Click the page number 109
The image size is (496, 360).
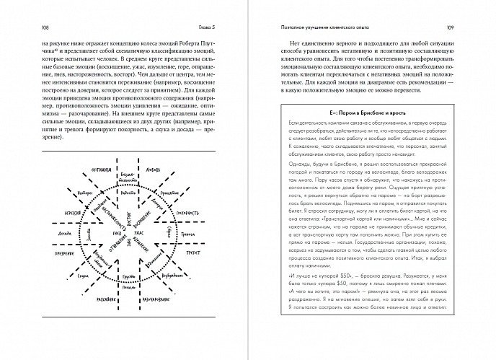[471, 28]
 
